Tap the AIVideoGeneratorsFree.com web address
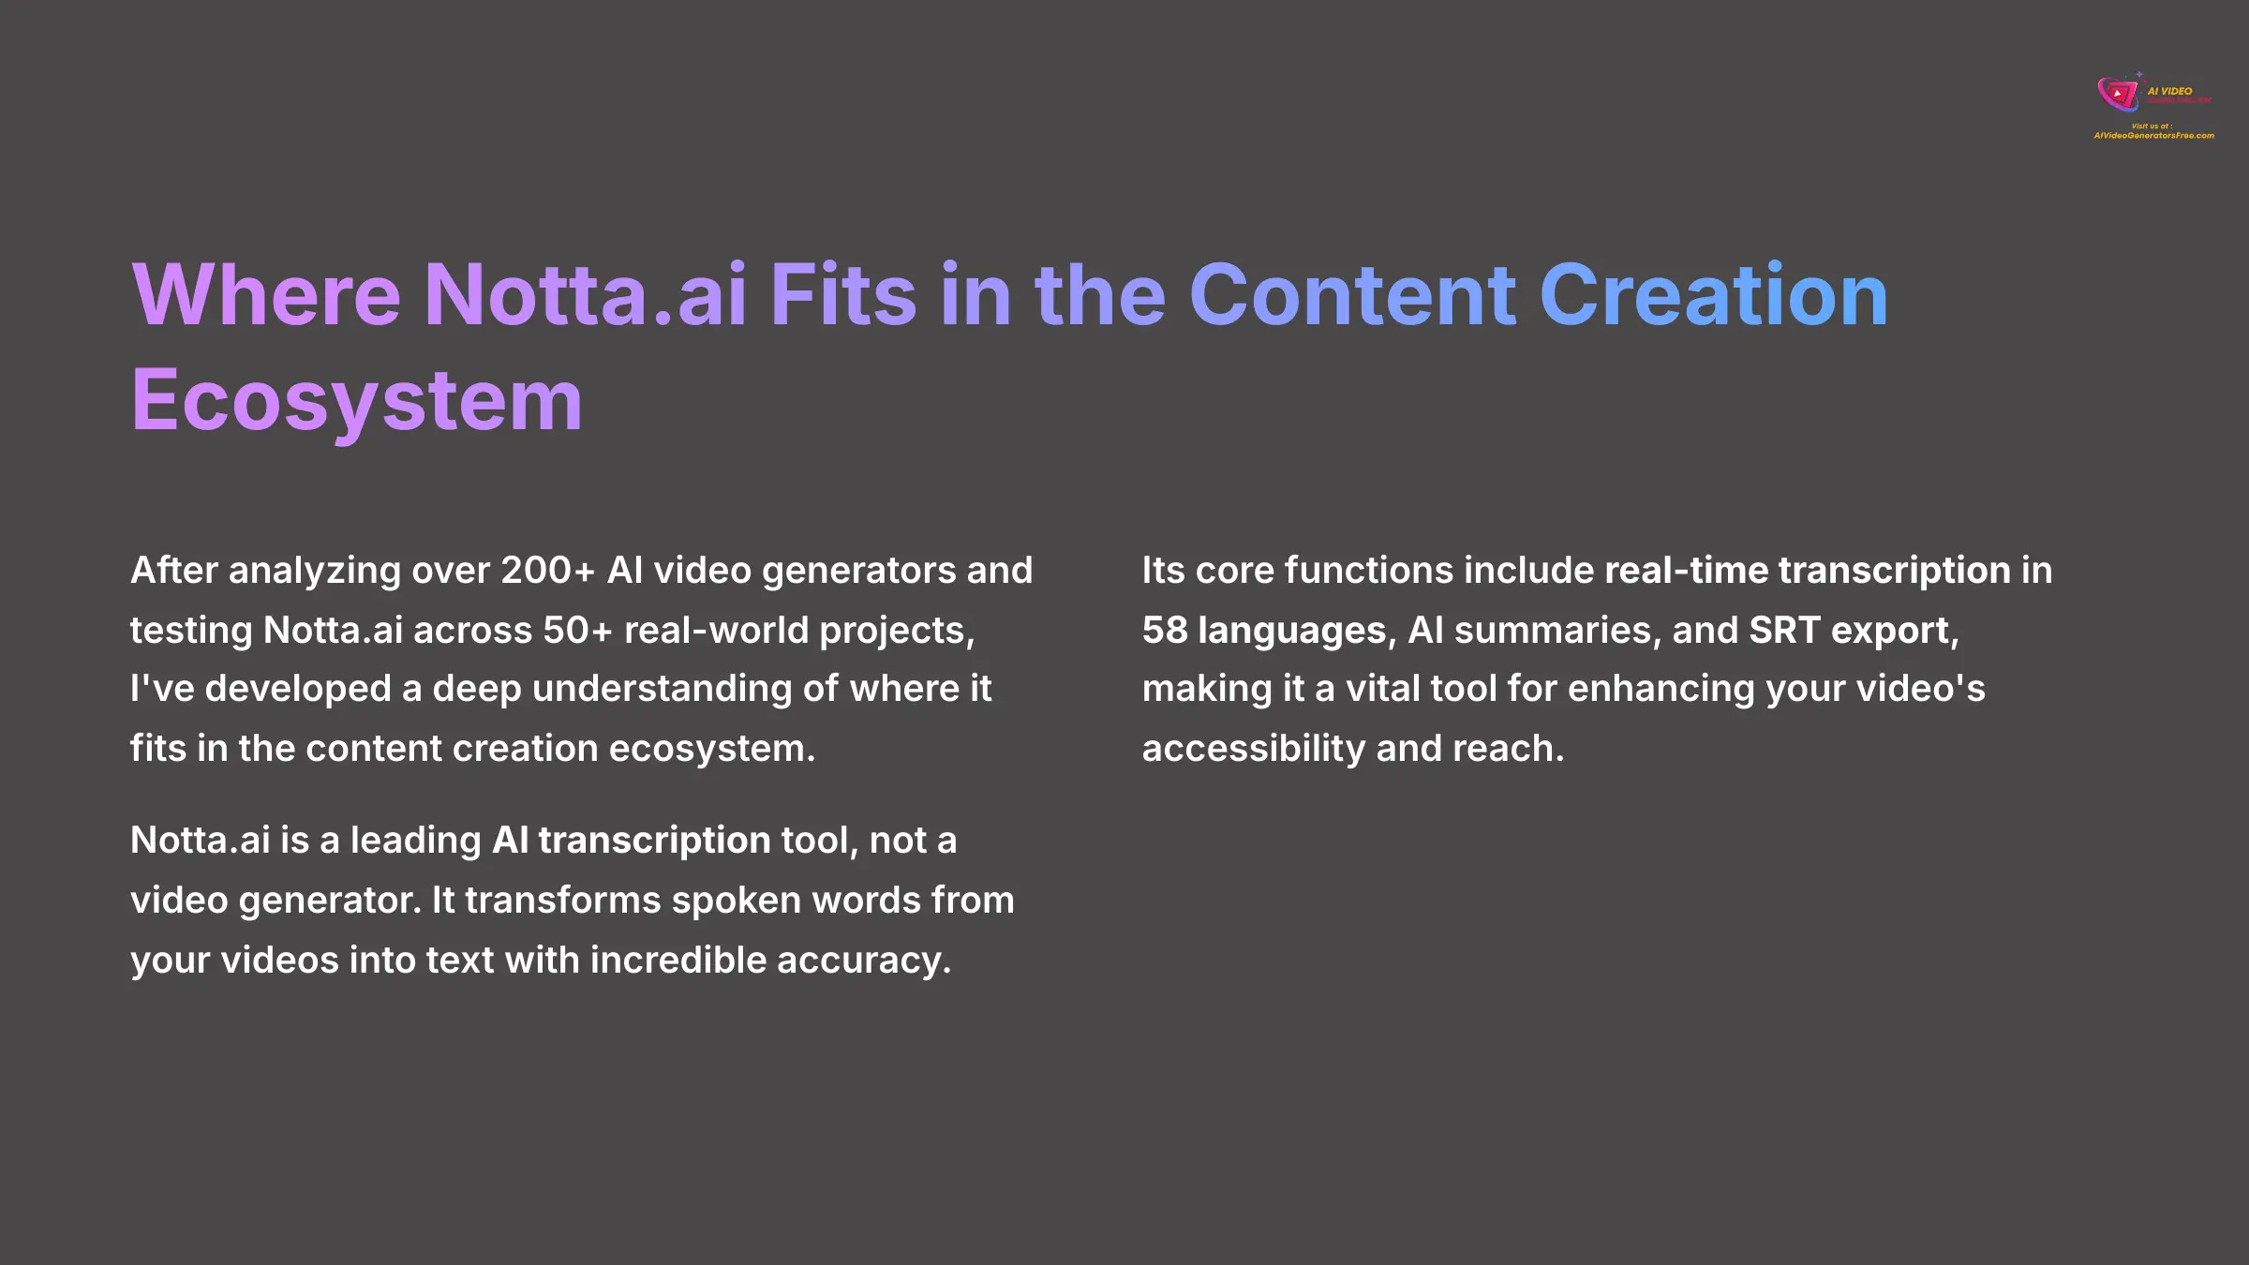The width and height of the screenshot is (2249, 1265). (x=2153, y=136)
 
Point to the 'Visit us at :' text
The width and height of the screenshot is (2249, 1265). (x=2152, y=126)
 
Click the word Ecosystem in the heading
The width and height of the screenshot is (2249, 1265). (x=356, y=401)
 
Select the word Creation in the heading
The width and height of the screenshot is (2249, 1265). (x=1713, y=296)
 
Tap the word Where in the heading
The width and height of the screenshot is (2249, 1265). (x=266, y=296)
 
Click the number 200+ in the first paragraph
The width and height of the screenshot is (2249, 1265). (x=548, y=571)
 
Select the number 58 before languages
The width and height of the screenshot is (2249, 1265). (x=1165, y=631)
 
